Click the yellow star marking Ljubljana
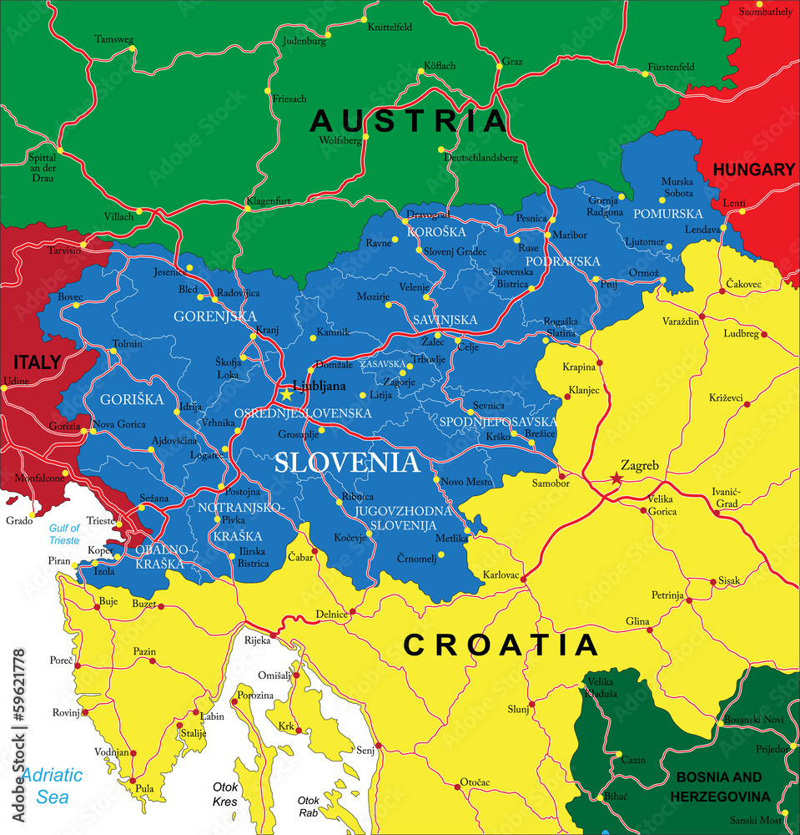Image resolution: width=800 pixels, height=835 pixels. [x=287, y=394]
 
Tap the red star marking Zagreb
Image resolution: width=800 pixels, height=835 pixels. [x=616, y=478]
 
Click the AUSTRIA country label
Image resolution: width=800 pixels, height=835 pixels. [x=409, y=121]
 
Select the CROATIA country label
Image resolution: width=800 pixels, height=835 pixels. [x=501, y=645]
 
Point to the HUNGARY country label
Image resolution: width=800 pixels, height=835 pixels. [x=753, y=170]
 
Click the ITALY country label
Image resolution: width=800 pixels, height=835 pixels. [x=36, y=362]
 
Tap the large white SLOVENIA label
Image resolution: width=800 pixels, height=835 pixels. [x=347, y=462]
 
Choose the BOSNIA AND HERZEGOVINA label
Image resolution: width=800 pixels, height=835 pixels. [x=731, y=786]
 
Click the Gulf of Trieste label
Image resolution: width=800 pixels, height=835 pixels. [x=64, y=534]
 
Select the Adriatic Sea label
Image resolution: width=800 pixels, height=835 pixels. [x=52, y=785]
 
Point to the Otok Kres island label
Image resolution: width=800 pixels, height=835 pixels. [x=225, y=794]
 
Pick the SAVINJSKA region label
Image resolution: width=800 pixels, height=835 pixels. [x=445, y=320]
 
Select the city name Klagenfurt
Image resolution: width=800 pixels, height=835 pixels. [x=268, y=201]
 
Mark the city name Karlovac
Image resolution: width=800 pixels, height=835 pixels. [x=501, y=575]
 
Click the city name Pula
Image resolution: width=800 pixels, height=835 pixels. [x=145, y=787]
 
